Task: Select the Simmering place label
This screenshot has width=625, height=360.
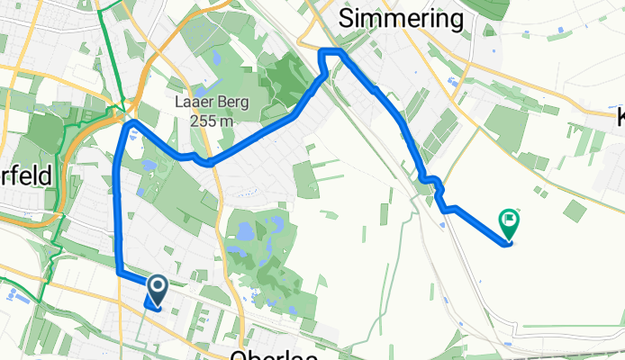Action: click(x=400, y=19)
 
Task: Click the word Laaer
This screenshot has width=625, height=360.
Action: click(x=192, y=102)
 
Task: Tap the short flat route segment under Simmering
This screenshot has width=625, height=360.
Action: click(x=331, y=51)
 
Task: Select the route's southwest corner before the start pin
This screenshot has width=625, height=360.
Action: click(x=119, y=269)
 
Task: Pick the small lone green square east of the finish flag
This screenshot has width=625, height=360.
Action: click(x=574, y=211)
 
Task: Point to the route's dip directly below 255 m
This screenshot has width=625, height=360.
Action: click(x=209, y=163)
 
